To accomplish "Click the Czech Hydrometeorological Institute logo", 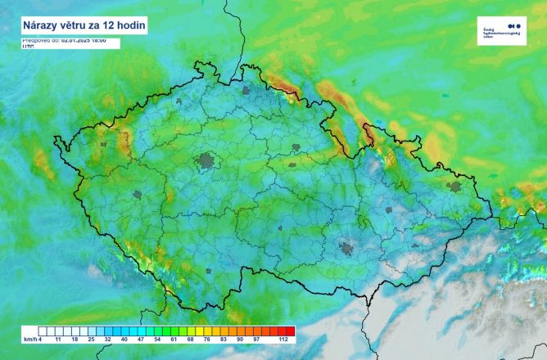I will point(500,31).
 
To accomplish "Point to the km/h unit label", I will point(29,338).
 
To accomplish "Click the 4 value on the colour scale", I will point(40,338).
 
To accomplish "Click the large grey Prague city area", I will point(204,160).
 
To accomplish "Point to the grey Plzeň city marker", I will point(138,195).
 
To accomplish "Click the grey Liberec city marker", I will point(247,92).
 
